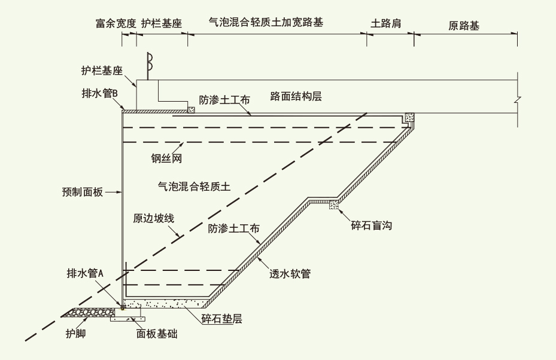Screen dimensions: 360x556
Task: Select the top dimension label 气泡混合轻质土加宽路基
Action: point(269,22)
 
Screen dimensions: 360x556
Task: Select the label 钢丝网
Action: point(166,159)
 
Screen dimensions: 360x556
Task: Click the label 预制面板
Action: point(83,192)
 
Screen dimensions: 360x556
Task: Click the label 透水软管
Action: point(290,274)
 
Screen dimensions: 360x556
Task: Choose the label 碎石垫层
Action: point(221,319)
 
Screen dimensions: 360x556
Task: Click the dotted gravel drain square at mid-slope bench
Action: point(333,205)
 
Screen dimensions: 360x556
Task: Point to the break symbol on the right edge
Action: point(518,100)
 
